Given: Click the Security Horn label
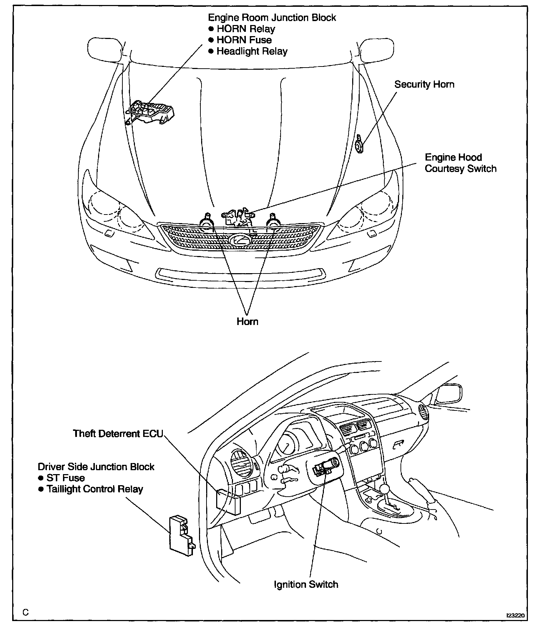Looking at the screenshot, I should click(424, 84).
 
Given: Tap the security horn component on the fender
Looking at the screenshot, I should click(359, 146).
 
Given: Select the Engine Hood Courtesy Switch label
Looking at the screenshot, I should click(460, 163).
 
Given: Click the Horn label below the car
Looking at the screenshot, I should click(247, 321).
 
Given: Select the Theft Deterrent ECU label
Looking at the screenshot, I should click(118, 434).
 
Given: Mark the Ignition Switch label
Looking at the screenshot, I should click(306, 585).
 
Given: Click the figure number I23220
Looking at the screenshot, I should click(515, 616).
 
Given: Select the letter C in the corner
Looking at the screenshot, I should click(25, 612).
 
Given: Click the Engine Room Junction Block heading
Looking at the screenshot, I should click(272, 18).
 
